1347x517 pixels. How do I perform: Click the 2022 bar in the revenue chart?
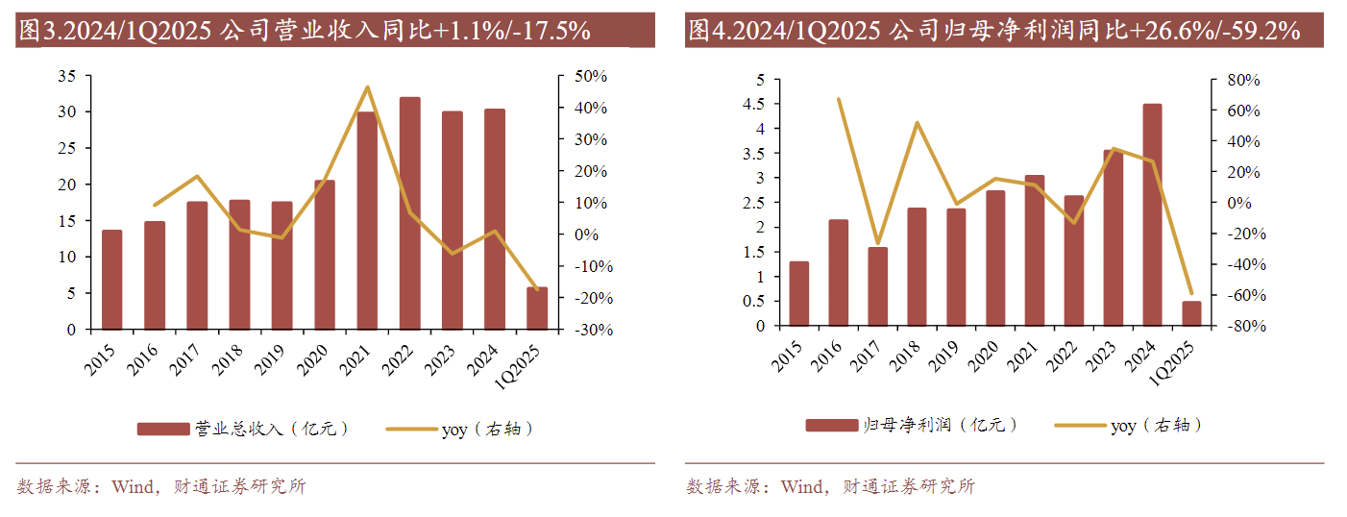409,213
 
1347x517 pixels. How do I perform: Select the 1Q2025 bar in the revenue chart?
537,308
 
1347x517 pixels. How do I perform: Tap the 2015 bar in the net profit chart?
799,294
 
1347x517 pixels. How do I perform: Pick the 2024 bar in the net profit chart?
1152,215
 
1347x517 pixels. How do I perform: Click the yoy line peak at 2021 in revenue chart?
367,87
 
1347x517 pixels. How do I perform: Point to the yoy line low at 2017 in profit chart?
877,244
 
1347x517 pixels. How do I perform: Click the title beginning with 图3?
304,31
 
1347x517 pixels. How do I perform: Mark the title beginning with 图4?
993,31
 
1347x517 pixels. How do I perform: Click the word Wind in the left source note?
132,486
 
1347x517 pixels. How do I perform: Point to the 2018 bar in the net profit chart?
917,267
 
